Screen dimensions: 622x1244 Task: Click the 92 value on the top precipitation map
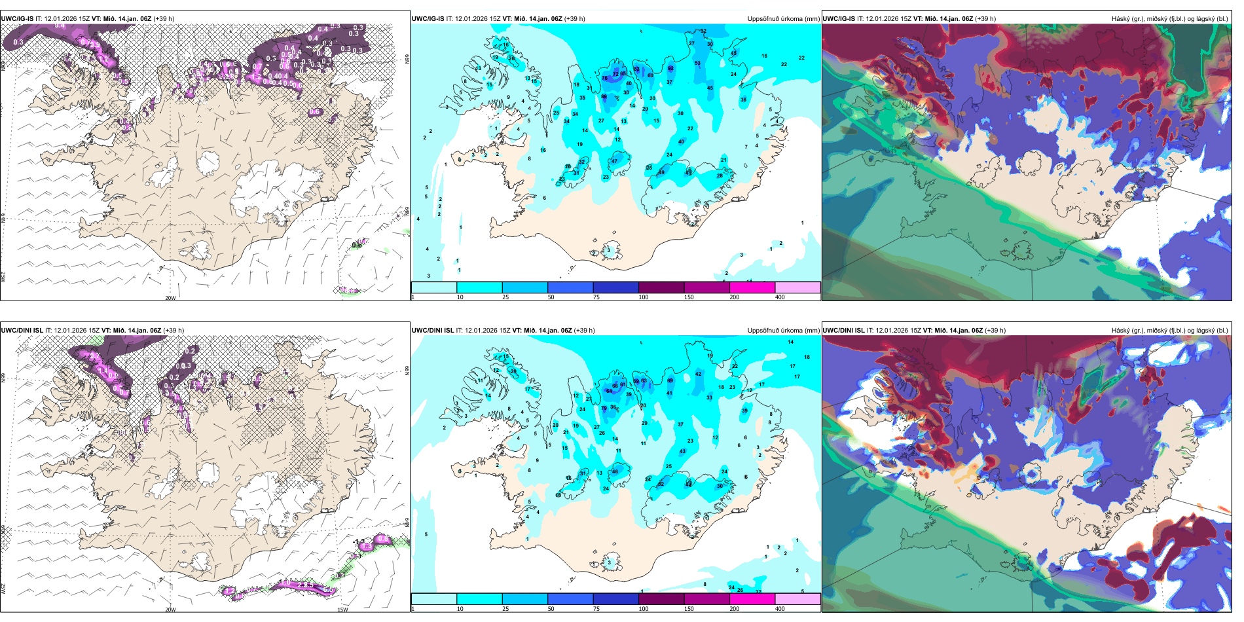coord(670,68)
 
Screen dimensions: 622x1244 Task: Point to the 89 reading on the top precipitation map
coord(604,97)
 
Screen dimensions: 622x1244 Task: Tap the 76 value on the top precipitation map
coord(605,79)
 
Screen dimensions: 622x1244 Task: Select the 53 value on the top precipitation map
coord(697,64)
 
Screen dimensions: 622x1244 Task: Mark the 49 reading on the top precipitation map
coord(661,173)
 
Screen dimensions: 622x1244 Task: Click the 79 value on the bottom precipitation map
coord(604,408)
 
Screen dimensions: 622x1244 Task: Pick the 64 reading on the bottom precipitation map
coord(609,391)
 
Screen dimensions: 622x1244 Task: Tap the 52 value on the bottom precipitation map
coord(661,484)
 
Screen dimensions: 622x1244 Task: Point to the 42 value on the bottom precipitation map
coord(698,375)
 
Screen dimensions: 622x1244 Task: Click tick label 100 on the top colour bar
coord(644,297)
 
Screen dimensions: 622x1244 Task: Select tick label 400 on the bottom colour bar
coord(780,609)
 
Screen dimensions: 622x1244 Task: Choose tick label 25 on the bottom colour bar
coord(505,609)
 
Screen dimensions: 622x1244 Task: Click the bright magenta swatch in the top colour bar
coord(752,287)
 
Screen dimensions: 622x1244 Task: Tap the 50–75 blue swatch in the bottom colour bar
coord(570,599)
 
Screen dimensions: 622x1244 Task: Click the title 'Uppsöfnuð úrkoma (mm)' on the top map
coord(783,19)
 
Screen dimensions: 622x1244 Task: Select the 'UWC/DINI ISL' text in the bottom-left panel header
coord(22,331)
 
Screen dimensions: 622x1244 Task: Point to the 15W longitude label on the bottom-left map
coord(342,610)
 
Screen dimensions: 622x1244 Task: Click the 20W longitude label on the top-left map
coord(170,298)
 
